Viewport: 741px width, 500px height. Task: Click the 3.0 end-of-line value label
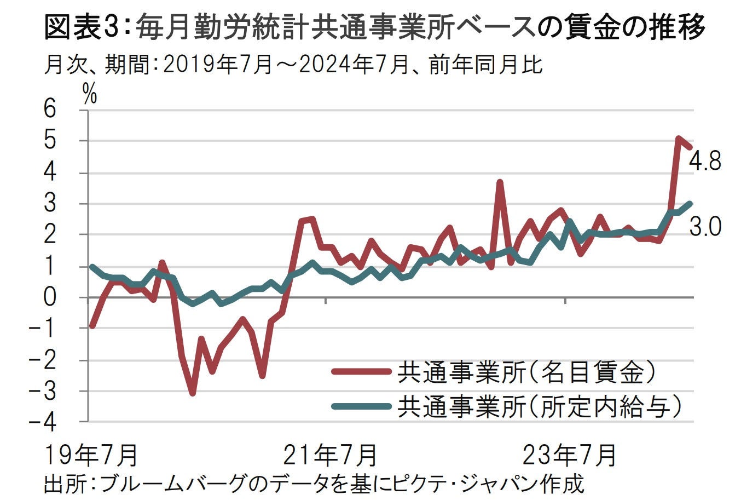tap(705, 226)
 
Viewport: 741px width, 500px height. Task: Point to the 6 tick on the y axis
tap(50, 110)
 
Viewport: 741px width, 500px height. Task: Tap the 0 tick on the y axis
tap(50, 297)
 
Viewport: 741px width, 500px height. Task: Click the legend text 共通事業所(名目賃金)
tap(525, 372)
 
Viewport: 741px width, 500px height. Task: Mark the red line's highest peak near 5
tap(678, 139)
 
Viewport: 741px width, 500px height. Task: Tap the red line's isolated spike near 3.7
tap(499, 182)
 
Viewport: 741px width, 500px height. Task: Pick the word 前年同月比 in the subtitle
tap(485, 65)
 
